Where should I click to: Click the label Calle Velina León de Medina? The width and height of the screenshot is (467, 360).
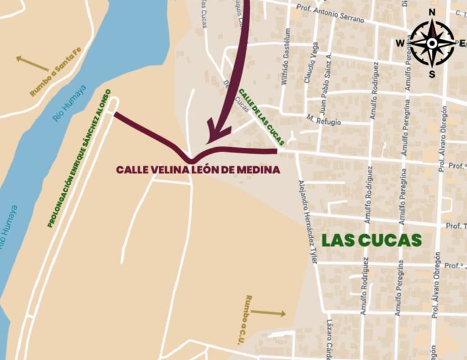pos(198,170)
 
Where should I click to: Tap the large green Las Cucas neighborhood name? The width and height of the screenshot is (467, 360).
pos(372,240)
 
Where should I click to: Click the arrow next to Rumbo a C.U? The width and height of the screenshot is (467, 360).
pos(268,313)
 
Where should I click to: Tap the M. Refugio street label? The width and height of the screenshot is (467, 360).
pos(323,119)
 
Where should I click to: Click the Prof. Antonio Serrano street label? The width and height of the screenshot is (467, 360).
pos(330,14)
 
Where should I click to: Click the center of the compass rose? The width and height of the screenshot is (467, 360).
pos(432,43)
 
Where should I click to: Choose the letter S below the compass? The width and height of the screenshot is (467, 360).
pos(432,74)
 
